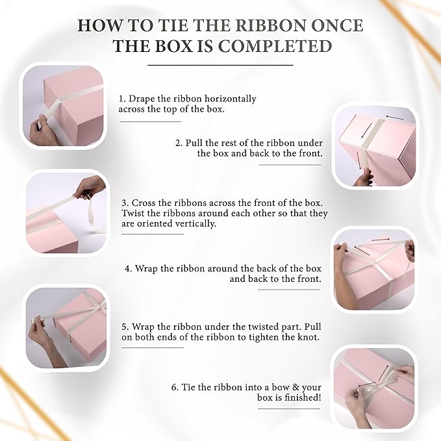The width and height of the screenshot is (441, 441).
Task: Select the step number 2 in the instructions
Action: click(179, 143)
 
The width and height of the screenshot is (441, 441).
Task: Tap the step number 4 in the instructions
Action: click(128, 268)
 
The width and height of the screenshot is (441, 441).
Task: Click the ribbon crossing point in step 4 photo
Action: click(375, 264)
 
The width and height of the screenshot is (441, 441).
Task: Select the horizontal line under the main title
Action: click(221, 65)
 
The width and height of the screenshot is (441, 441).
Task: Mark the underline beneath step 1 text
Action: click(151, 122)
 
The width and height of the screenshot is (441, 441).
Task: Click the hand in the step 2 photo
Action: click(363, 177)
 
